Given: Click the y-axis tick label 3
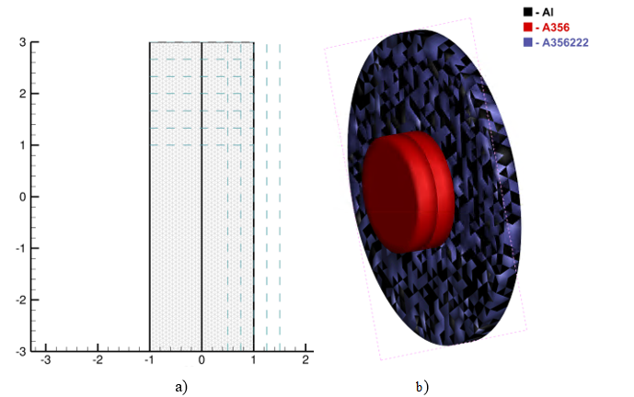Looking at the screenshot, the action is coord(23,42).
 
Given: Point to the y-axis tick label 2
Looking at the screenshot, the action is coord(23,94).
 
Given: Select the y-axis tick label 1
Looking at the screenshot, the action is coord(23,145).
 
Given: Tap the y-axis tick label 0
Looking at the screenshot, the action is coord(23,197).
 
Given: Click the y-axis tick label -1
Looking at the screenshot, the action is coord(21,248).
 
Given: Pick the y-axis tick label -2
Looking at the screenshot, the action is coord(21,301).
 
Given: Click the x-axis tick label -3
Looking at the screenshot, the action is coord(45,360).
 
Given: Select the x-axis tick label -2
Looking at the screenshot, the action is coord(98,360).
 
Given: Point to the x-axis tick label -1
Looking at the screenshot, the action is coord(149,360).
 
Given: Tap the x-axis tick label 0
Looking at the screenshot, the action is coord(202,360).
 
